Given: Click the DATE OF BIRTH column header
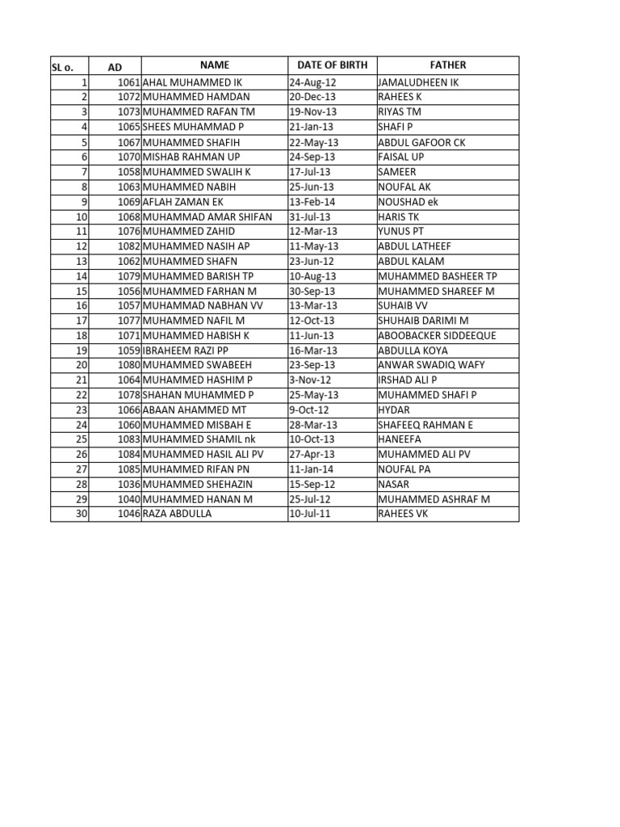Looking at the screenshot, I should (x=332, y=65).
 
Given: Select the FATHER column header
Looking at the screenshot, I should (x=447, y=65).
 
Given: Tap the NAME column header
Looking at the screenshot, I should (x=215, y=65).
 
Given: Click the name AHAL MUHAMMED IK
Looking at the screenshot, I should (x=192, y=82).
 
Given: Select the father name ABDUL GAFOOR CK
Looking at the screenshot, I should (x=421, y=142).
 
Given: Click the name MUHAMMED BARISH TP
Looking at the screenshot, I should (x=198, y=276).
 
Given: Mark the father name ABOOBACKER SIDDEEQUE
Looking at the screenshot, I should (x=437, y=335).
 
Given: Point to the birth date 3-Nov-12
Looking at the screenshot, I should (x=309, y=380).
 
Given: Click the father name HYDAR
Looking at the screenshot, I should (x=394, y=409).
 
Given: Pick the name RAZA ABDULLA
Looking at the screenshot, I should (x=177, y=514).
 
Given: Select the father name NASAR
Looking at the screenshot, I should (x=394, y=484).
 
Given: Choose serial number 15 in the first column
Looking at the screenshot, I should (x=82, y=291).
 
